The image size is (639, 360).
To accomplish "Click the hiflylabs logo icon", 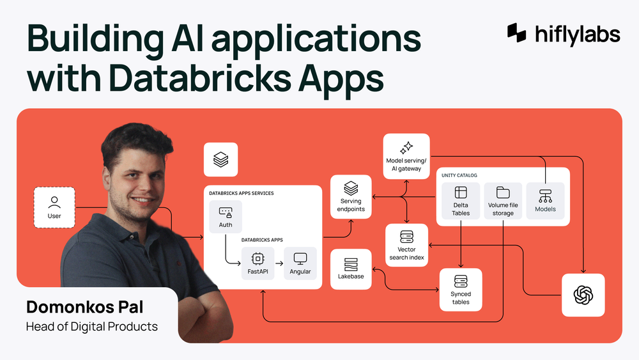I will tap(517, 33).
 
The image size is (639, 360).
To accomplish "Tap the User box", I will tap(54, 208).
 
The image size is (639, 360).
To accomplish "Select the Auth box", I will tap(226, 217).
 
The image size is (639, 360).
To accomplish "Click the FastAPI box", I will tap(258, 263).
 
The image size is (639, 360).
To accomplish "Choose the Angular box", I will tap(300, 263).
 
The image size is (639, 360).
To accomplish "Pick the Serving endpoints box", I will tap(351, 196).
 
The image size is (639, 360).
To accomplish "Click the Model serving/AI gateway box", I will tap(406, 155).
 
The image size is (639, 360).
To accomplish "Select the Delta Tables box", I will tap(461, 201).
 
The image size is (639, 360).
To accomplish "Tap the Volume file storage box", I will tap(503, 201).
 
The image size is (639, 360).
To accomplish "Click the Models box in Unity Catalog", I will tap(545, 201).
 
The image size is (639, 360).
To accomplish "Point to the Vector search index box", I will tap(406, 245).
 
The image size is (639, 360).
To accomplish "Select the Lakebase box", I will tap(351, 269).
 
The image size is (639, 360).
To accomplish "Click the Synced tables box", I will tap(461, 289).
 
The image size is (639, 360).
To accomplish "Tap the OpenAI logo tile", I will tap(583, 295).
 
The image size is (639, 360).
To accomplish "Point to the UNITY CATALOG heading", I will tap(459, 175).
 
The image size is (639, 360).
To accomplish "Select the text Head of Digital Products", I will tap(91, 326).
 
